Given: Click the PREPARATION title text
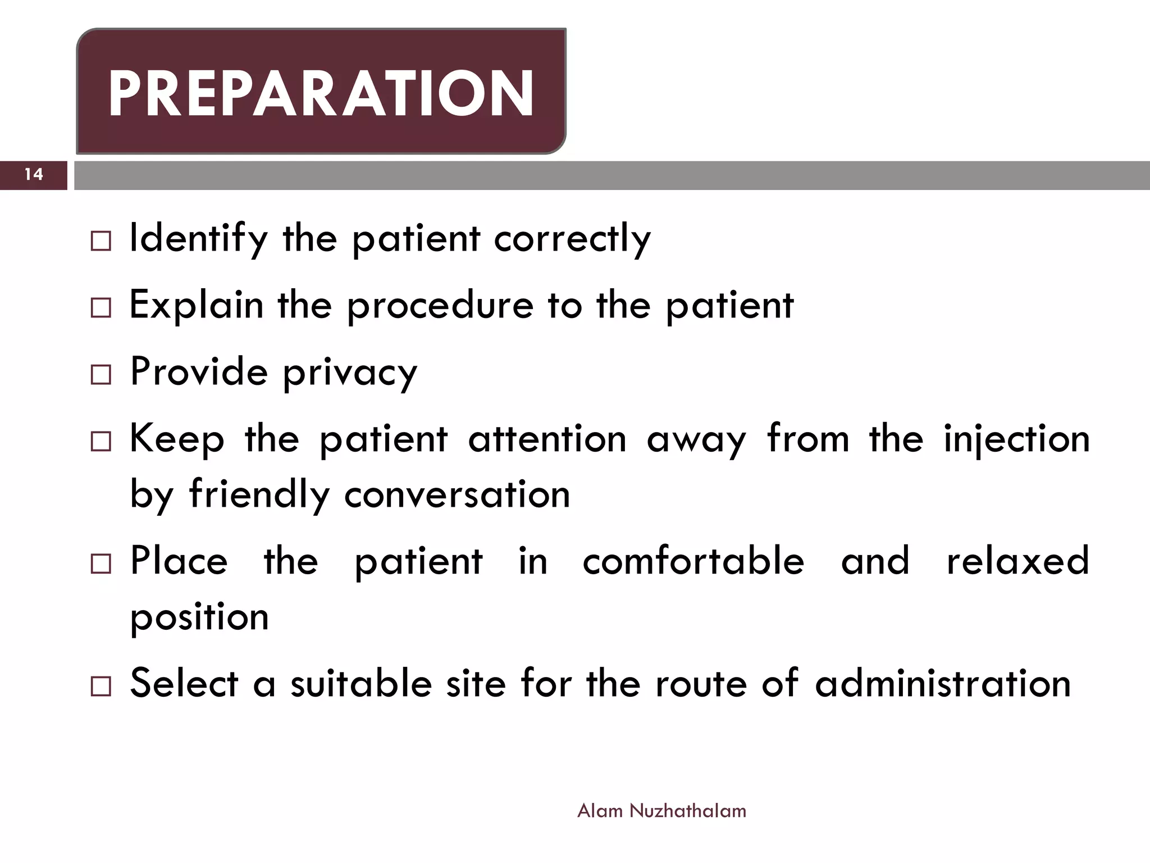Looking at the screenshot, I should point(321,94).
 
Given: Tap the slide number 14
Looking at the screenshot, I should point(34,175).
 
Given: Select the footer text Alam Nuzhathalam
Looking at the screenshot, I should point(661,811).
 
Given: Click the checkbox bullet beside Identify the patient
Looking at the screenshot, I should point(101,241).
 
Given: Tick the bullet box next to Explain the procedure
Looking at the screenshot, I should point(101,308).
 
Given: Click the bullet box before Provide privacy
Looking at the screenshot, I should point(101,375).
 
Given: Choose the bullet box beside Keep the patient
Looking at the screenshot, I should point(101,442).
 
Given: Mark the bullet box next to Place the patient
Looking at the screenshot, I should point(101,564).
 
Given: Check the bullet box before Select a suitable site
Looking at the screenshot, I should point(101,687).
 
